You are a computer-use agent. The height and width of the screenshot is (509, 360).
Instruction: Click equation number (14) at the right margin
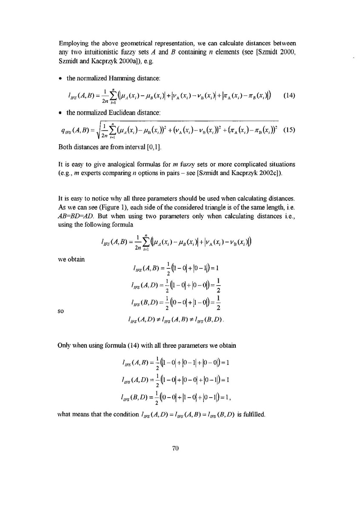[289, 95]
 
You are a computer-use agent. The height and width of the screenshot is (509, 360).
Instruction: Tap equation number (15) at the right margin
[289, 130]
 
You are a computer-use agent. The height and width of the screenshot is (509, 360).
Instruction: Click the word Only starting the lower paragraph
[65, 345]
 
